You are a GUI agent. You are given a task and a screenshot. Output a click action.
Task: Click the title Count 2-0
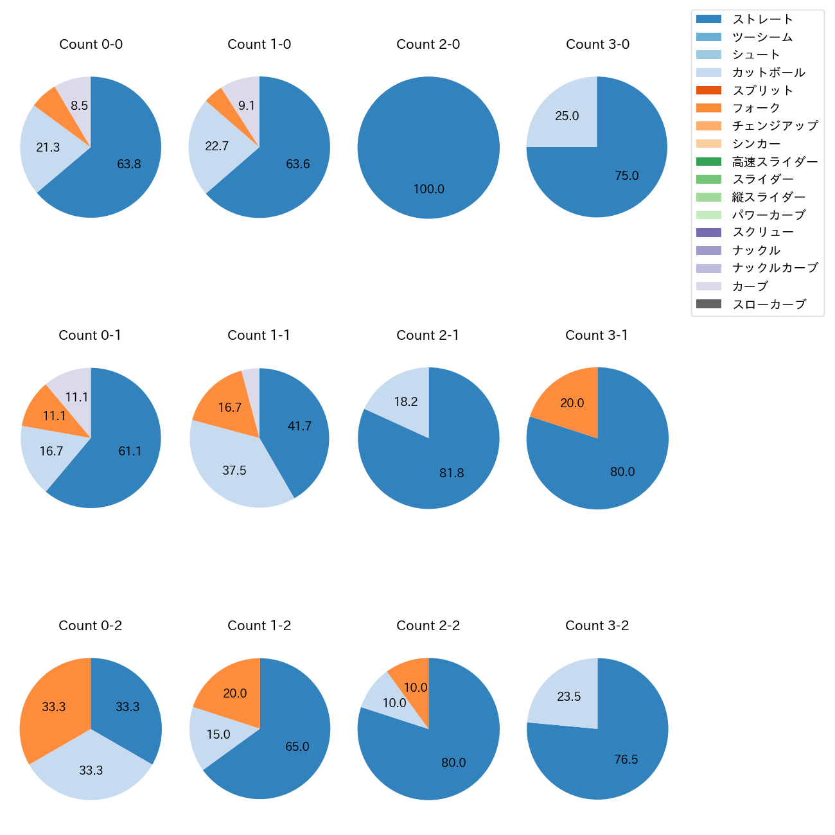tap(428, 44)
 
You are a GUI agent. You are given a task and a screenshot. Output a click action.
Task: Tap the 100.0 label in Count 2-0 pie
tap(428, 189)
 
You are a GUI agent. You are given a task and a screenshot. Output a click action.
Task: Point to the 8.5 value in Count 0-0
tap(79, 105)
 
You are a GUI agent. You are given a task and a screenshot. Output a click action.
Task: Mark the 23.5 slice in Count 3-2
tap(568, 697)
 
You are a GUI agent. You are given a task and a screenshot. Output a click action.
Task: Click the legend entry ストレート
tap(762, 19)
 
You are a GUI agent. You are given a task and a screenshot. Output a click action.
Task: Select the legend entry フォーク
tap(756, 108)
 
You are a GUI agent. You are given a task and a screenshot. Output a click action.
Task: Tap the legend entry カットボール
tap(768, 73)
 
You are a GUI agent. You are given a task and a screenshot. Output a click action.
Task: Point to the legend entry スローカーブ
tap(769, 304)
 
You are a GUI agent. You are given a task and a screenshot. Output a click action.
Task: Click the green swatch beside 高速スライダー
tap(708, 162)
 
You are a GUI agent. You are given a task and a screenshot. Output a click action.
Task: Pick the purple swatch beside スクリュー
tap(708, 233)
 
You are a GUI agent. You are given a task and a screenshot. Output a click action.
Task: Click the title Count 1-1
tap(259, 335)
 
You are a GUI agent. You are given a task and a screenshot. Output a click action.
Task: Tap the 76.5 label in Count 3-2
tap(626, 760)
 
